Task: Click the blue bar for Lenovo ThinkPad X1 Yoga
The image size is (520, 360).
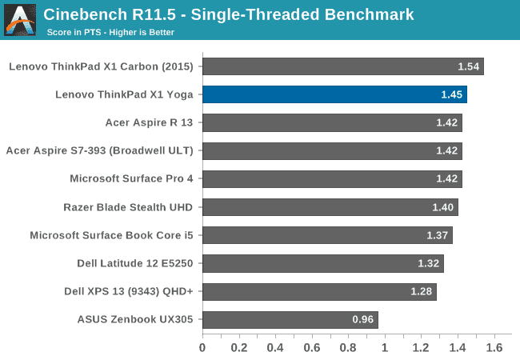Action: pos(334,94)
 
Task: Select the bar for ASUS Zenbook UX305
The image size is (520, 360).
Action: pos(290,320)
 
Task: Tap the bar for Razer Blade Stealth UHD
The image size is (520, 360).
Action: pos(330,207)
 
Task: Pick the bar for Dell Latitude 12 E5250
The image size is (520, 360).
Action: pos(322,263)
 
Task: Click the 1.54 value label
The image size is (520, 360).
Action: pos(468,66)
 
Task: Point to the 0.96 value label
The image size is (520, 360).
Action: pos(362,320)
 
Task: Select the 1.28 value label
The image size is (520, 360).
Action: pos(421,291)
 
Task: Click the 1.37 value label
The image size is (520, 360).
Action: pos(438,235)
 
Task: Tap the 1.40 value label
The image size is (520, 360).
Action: pos(442,207)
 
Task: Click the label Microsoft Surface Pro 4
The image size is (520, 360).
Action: pos(131,178)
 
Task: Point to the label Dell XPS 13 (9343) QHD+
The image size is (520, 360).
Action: pos(129,291)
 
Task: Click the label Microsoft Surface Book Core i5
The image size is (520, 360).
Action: pos(111,235)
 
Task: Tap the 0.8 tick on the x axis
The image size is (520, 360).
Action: pos(348,348)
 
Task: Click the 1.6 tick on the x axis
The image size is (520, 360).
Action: pos(494,348)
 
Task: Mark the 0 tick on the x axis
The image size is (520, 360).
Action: pos(202,348)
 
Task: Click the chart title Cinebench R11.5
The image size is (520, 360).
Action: pos(229,14)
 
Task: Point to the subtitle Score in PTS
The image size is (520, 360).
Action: pos(109,33)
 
